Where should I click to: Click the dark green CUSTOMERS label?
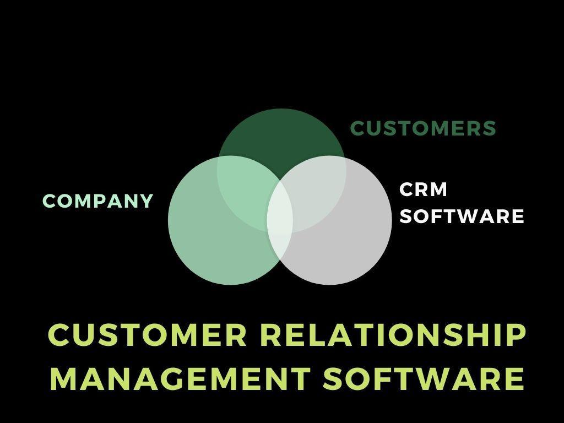coord(423,128)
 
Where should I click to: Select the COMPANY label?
coord(97,201)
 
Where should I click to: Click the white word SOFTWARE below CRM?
coord(462,216)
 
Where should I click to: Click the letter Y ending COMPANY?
coord(146,201)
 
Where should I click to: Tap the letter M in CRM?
coord(438,189)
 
